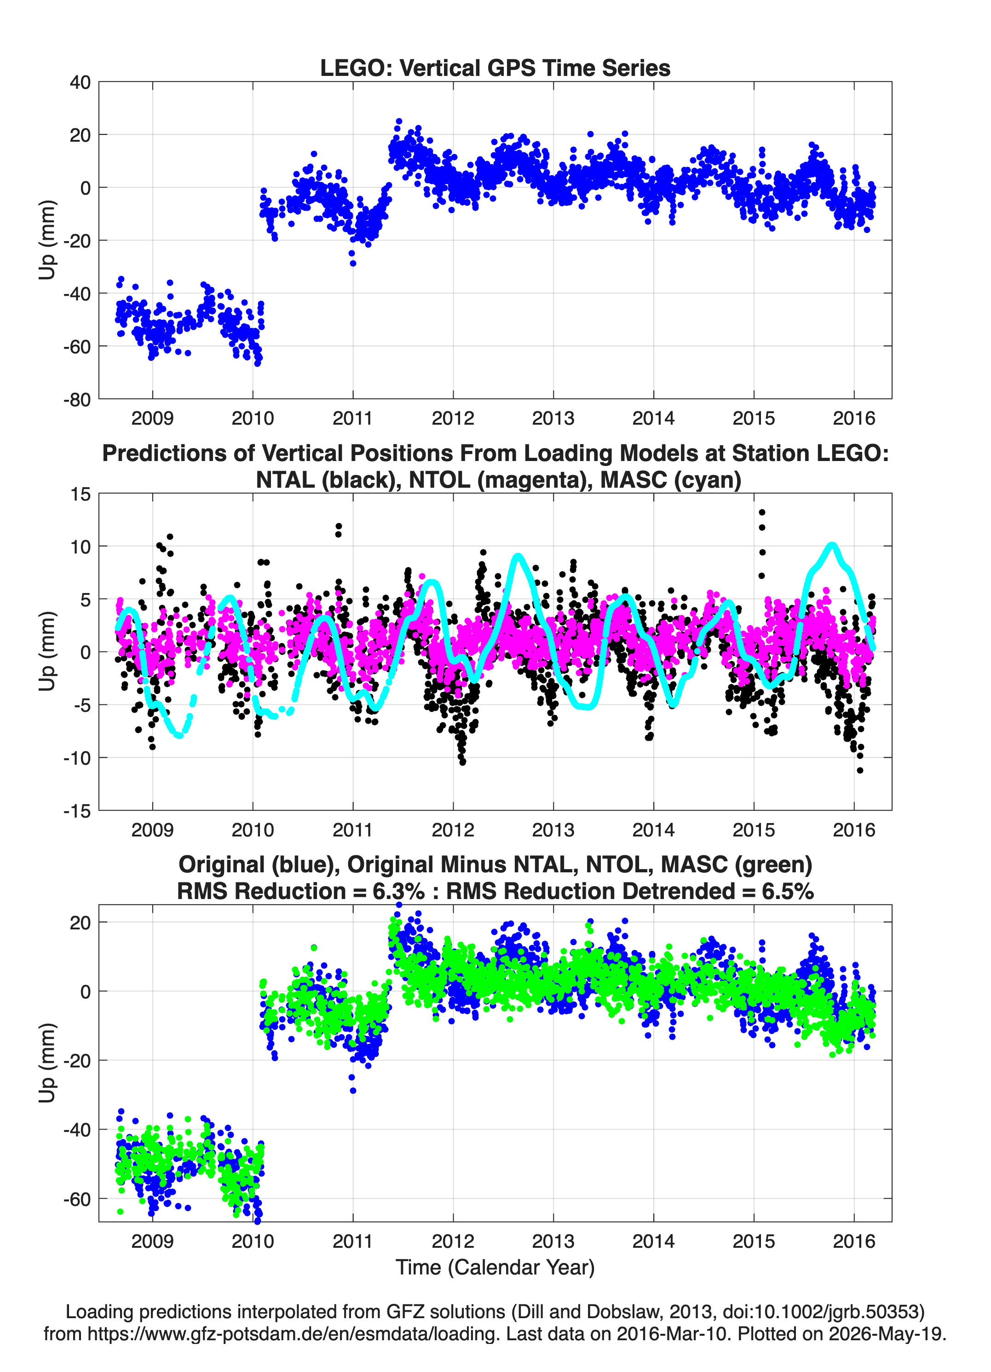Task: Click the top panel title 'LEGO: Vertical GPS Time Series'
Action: click(x=495, y=68)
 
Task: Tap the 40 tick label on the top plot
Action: click(x=80, y=82)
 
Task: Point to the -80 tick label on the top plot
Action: click(x=77, y=400)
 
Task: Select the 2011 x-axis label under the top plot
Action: click(x=353, y=418)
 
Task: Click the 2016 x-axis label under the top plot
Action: click(x=853, y=418)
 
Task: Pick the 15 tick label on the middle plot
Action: click(x=81, y=494)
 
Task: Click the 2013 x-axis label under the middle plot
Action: click(x=553, y=830)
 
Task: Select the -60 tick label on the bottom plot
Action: click(x=77, y=1199)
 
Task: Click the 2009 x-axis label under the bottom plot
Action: click(x=152, y=1241)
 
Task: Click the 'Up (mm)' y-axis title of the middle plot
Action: click(x=47, y=651)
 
